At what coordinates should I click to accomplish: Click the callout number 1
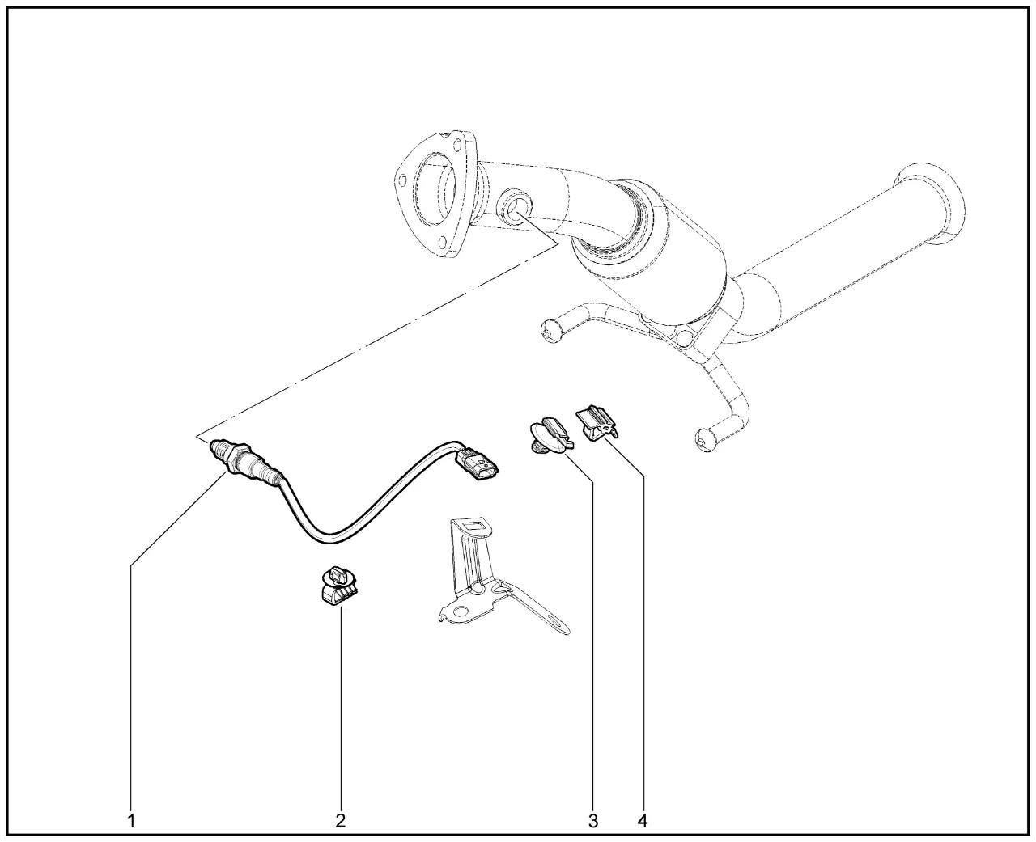(131, 821)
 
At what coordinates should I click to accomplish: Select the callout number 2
(341, 821)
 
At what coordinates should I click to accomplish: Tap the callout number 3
(593, 821)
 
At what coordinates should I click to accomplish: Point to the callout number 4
(643, 821)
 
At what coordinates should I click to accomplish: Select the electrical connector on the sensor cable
(478, 463)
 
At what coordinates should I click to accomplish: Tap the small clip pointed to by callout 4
(597, 424)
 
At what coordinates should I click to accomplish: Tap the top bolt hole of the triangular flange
(456, 145)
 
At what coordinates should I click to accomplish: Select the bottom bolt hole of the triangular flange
(442, 242)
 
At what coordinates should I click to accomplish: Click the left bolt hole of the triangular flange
(401, 180)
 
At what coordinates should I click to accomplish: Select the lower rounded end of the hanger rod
(707, 441)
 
